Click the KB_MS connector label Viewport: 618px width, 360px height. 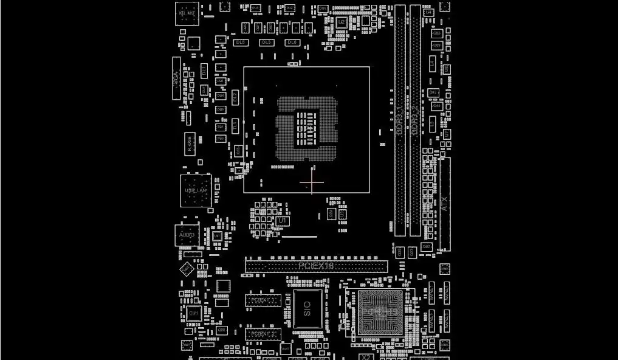click(x=187, y=13)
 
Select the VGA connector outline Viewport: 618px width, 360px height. click(x=176, y=78)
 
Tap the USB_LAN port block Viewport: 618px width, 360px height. click(x=196, y=190)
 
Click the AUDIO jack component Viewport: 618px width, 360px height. click(x=187, y=234)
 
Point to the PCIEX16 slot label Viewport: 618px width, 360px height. click(x=316, y=266)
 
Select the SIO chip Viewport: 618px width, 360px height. click(x=307, y=308)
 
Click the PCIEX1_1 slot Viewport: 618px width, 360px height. click(x=263, y=300)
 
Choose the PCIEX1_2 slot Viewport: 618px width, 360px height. click(x=263, y=334)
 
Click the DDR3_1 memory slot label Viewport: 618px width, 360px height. click(x=399, y=120)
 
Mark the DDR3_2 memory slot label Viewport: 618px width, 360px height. click(x=414, y=120)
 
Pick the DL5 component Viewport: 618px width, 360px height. click(x=240, y=43)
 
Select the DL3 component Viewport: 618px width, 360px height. click(x=266, y=43)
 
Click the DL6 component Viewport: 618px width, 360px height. click(x=292, y=43)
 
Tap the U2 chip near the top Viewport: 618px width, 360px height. click(x=342, y=22)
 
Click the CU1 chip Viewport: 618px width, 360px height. click(x=194, y=314)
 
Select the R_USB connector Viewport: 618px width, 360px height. click(x=189, y=143)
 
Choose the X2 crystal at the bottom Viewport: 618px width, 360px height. click(x=366, y=356)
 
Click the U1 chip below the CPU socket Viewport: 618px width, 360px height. click(x=281, y=220)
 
